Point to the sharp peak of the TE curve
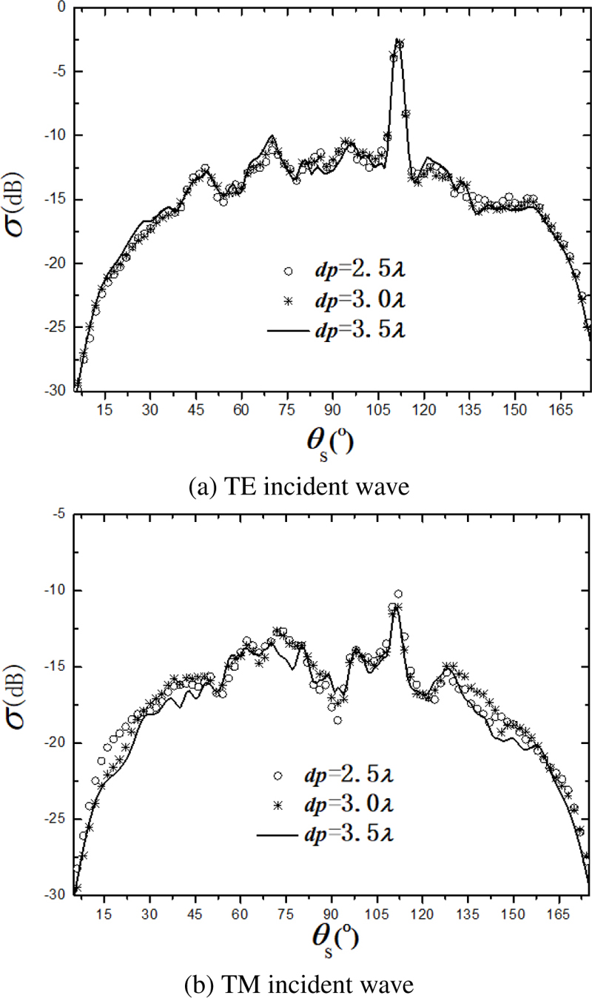398,41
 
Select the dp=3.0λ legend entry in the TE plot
340,301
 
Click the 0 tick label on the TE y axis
61,8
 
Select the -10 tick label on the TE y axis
55,135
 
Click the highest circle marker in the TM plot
398,594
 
